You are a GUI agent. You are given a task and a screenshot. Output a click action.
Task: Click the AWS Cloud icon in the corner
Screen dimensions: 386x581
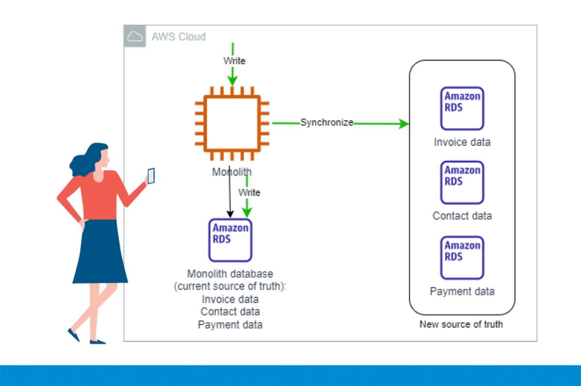click(135, 37)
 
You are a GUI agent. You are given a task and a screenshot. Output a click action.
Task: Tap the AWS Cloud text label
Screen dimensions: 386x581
click(179, 37)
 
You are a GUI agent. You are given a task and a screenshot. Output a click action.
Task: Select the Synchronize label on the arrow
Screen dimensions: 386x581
click(327, 122)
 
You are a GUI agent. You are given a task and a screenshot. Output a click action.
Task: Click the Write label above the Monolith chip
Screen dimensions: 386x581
click(234, 61)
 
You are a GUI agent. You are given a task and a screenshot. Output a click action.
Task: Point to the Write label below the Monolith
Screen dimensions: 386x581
click(249, 193)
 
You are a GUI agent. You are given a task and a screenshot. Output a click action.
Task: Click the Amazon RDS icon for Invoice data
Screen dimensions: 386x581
click(462, 108)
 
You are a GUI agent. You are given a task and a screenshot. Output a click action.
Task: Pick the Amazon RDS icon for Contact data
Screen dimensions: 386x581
click(462, 182)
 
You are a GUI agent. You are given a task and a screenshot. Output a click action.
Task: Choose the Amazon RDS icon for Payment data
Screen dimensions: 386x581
click(462, 257)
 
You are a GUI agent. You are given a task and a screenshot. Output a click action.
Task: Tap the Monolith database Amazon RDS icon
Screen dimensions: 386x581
click(230, 240)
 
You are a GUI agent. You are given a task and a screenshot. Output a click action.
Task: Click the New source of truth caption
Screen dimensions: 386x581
click(461, 324)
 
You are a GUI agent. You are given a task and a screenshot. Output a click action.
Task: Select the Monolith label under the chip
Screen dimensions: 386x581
click(231, 172)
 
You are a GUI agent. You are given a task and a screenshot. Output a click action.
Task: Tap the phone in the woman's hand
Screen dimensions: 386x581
click(151, 176)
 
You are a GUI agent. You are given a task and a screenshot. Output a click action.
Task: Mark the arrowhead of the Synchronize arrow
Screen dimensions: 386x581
click(404, 124)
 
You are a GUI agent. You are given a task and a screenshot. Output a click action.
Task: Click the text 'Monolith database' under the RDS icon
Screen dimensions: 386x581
click(230, 274)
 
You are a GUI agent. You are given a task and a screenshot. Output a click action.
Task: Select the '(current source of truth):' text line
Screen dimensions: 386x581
click(230, 286)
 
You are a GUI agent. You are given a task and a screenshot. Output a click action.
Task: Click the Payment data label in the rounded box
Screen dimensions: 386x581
click(462, 291)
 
